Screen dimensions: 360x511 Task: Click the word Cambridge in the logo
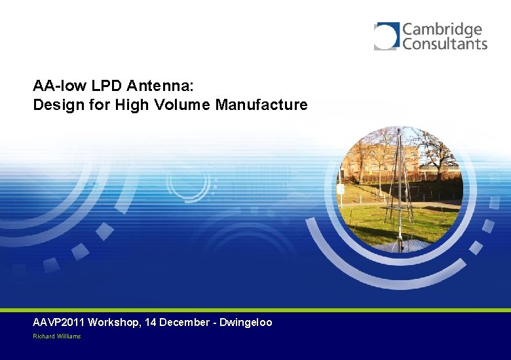[x=442, y=30]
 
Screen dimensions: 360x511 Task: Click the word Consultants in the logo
[x=445, y=44]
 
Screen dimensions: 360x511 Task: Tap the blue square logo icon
[x=387, y=36]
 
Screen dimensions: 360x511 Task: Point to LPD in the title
[x=104, y=86]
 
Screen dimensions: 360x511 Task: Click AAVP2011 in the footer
[x=58, y=322]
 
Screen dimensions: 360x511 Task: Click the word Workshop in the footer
[x=112, y=322]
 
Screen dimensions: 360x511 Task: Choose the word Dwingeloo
[x=246, y=322]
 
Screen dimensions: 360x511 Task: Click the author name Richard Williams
[x=57, y=336]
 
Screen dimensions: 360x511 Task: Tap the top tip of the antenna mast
[x=400, y=130]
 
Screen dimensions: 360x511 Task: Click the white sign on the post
[x=341, y=189]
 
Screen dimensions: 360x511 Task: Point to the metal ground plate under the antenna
[x=401, y=246]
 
